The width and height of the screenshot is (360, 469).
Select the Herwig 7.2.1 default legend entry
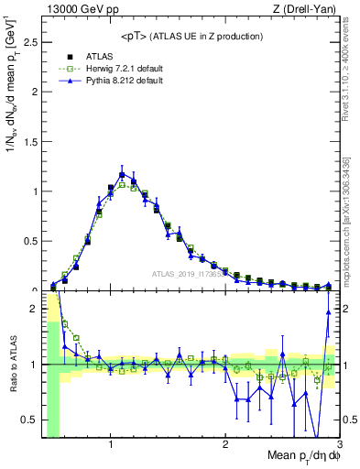coord(113,68)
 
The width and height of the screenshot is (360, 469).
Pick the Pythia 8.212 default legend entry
coord(112,82)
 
